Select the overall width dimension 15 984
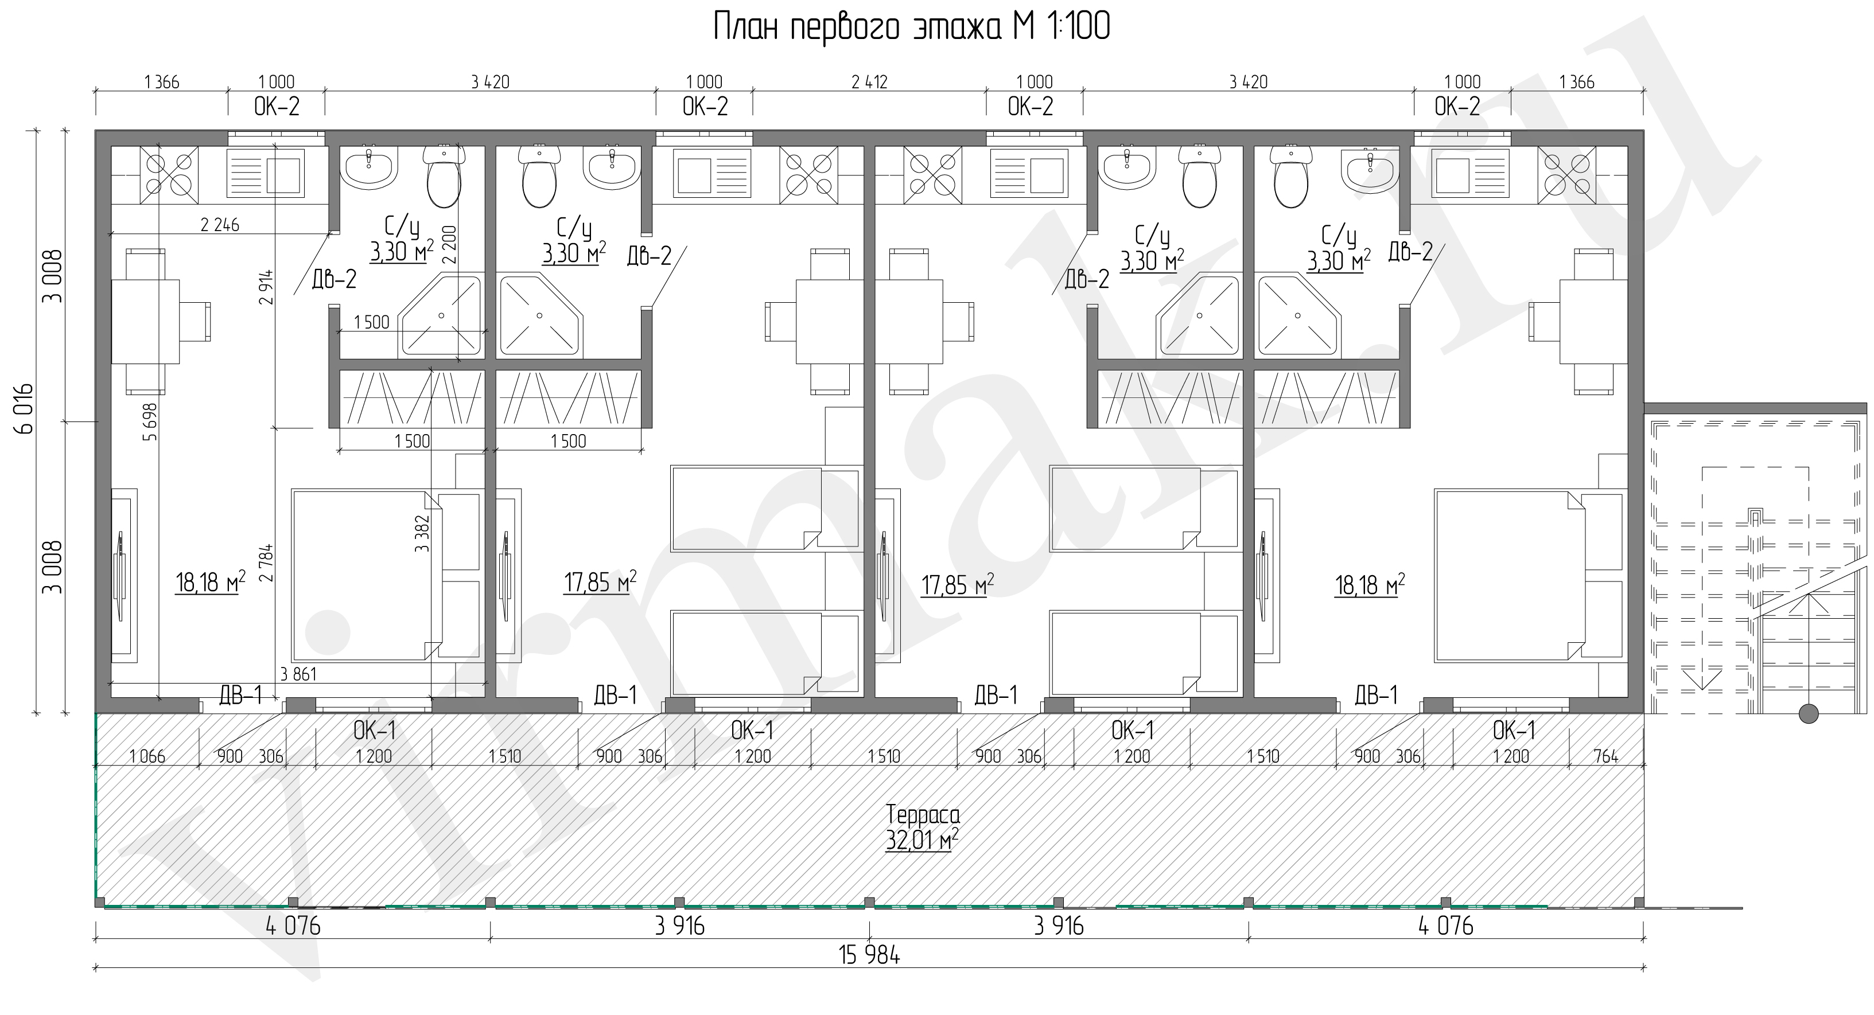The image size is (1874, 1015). (869, 955)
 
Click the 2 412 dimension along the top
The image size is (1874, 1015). (869, 82)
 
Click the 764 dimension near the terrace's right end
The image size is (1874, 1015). (1605, 756)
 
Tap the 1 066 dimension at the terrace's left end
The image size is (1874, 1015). (147, 756)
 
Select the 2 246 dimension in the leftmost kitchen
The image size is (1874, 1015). (220, 225)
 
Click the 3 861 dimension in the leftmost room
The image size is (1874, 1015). (298, 674)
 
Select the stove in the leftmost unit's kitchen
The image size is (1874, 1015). (169, 174)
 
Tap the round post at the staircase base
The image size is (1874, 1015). (1809, 713)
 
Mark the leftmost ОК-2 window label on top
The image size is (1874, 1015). (277, 107)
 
